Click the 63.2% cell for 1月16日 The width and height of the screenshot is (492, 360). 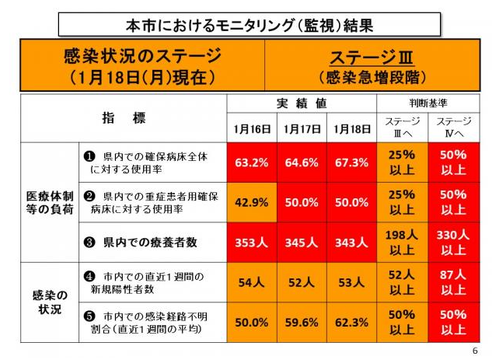tap(251, 163)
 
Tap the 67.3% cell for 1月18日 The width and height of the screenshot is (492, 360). tap(351, 163)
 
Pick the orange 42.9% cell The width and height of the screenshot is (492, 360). tap(251, 202)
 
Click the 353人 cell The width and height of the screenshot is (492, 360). tap(251, 242)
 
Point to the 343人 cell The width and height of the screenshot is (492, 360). tap(351, 242)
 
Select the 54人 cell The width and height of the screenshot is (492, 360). tap(251, 282)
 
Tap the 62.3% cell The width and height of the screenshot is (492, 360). tap(351, 322)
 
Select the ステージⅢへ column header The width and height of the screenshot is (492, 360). tap(402, 127)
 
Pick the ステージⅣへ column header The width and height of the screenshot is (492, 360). tap(454, 127)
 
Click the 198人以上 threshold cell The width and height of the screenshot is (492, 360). tap(402, 242)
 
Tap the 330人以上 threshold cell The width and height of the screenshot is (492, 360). tap(454, 242)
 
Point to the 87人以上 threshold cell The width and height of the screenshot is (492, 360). tap(454, 282)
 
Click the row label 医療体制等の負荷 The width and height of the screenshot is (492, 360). tap(49, 202)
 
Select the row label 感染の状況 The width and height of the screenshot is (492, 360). tap(49, 302)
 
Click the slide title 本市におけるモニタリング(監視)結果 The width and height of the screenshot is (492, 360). tap(249, 25)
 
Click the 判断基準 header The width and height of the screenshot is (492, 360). tap(428, 103)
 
